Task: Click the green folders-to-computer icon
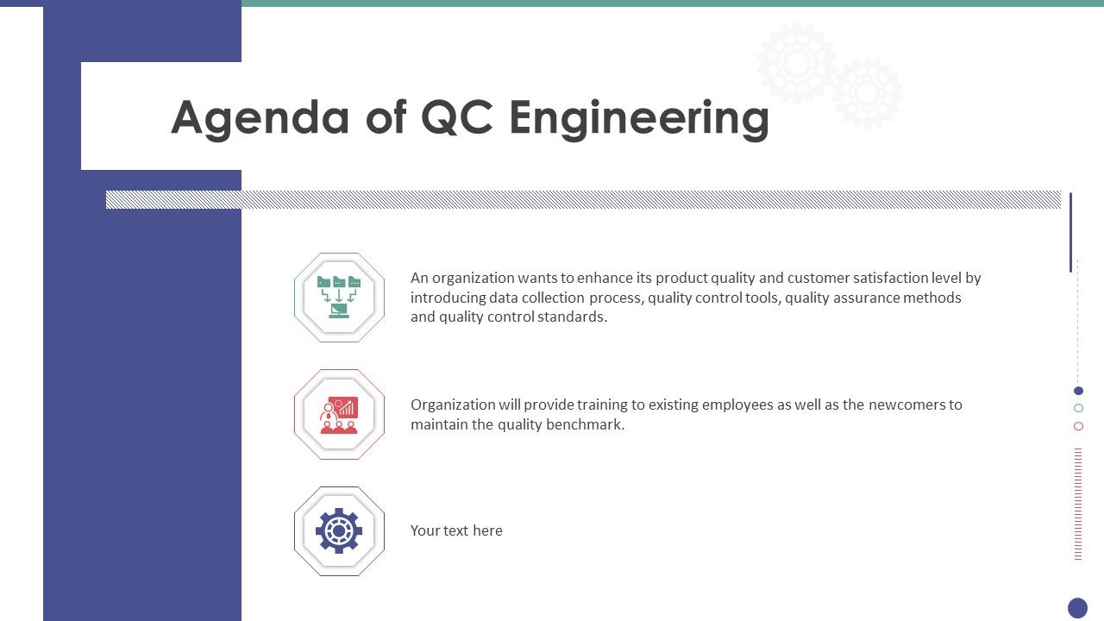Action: [x=339, y=298]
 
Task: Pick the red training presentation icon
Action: [x=339, y=415]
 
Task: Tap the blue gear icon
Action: [x=339, y=531]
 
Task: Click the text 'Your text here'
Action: [x=456, y=530]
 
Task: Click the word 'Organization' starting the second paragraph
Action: [x=452, y=405]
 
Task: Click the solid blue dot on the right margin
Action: [x=1078, y=391]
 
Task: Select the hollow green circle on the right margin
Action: [x=1078, y=408]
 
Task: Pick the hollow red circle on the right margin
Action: [x=1078, y=426]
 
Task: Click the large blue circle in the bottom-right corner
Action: [x=1078, y=608]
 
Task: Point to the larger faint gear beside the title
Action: [x=796, y=63]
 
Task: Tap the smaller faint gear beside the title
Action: [x=868, y=92]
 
